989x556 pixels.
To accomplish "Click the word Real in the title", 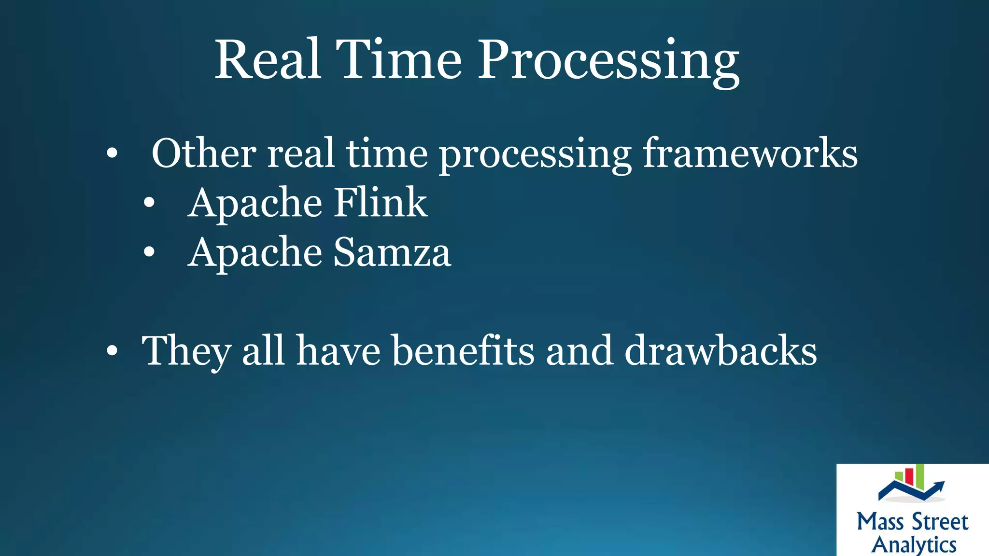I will pos(268,60).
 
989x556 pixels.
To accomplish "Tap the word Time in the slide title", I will pos(399,60).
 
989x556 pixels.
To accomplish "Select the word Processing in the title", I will pos(608,62).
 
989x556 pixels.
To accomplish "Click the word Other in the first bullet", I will pos(204,153).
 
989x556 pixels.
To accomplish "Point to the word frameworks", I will pos(750,153).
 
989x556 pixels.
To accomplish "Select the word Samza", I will pos(392,252).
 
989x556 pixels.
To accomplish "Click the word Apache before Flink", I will pos(255,203).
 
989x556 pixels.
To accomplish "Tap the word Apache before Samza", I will pos(255,252).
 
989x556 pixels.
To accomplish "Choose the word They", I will pos(186,351).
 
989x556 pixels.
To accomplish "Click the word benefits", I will pos(463,350).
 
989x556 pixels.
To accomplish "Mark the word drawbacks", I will pos(721,350).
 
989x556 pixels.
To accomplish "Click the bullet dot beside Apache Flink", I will pos(149,203).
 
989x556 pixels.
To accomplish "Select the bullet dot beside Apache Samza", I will pos(149,252).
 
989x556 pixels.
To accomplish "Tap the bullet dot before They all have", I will pos(112,351).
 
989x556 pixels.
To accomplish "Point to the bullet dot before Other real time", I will pos(112,153).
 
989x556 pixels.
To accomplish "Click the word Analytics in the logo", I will pos(914,544).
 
